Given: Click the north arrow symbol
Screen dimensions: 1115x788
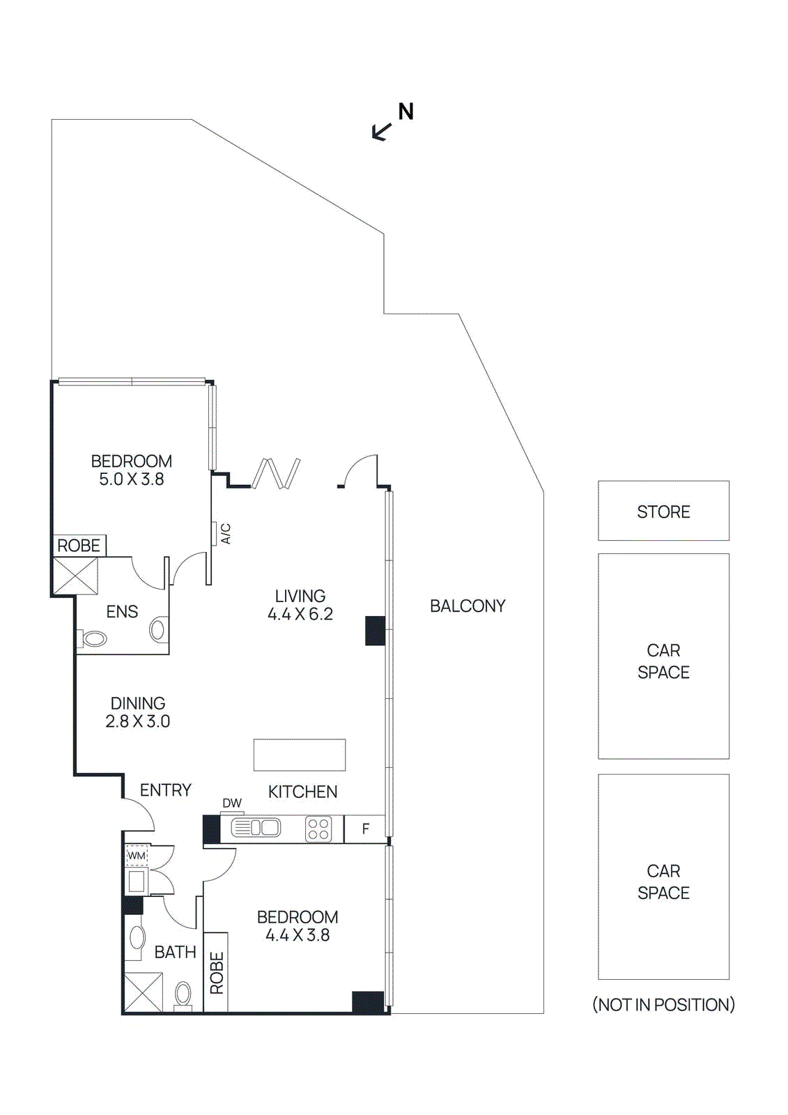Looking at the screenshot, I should [383, 130].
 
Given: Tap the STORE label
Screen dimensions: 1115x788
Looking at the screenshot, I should [663, 512].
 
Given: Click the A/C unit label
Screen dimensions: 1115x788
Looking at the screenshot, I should [225, 534].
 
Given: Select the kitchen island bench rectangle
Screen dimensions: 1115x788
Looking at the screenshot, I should [300, 755].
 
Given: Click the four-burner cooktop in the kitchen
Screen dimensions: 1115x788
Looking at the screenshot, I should [318, 829].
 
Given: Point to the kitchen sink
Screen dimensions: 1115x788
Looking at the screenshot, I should [256, 828].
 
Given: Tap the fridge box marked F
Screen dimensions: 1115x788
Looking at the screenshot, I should [365, 829].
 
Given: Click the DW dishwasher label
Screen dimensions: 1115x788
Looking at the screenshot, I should [232, 803].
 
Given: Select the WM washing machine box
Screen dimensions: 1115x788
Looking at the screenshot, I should [137, 856].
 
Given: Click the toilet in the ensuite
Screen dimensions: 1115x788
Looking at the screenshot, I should [93, 638].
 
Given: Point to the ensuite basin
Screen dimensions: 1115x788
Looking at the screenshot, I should [158, 630].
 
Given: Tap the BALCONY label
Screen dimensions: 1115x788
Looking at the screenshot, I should [468, 606].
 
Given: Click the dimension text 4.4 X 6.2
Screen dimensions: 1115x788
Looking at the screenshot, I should [300, 615].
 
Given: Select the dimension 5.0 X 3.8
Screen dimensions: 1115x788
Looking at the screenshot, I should [131, 479].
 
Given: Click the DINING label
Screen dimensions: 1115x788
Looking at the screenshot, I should [138, 703].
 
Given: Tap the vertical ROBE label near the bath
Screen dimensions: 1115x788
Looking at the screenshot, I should [217, 973].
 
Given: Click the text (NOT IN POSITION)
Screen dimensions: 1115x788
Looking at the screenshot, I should [663, 1005].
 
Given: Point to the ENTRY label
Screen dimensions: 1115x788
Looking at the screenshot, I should [165, 790].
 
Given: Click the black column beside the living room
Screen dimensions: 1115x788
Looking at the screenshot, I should [376, 631].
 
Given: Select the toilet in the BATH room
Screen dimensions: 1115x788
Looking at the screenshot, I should [183, 994].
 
